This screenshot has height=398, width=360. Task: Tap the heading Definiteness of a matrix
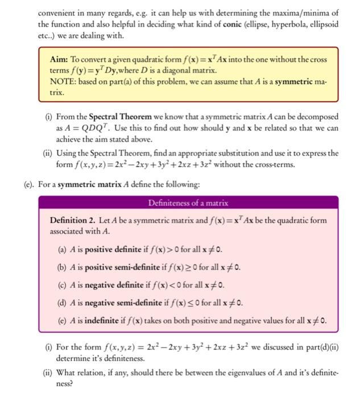point(188,202)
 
